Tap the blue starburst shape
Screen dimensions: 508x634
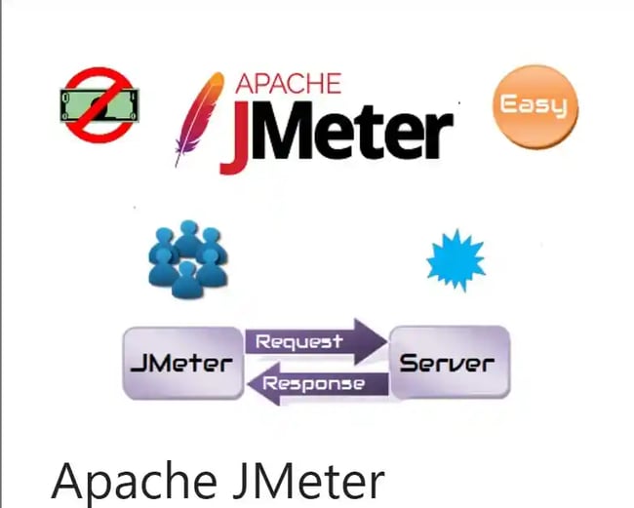coord(456,259)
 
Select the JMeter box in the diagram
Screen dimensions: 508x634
coord(182,363)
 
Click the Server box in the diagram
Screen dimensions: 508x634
coord(448,362)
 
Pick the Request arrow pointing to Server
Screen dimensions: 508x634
coord(315,341)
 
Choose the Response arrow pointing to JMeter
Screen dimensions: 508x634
coord(313,383)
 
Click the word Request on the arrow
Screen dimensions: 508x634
coord(298,341)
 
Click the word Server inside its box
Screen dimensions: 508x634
coord(448,364)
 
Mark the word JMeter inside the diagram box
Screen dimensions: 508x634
coord(182,364)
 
